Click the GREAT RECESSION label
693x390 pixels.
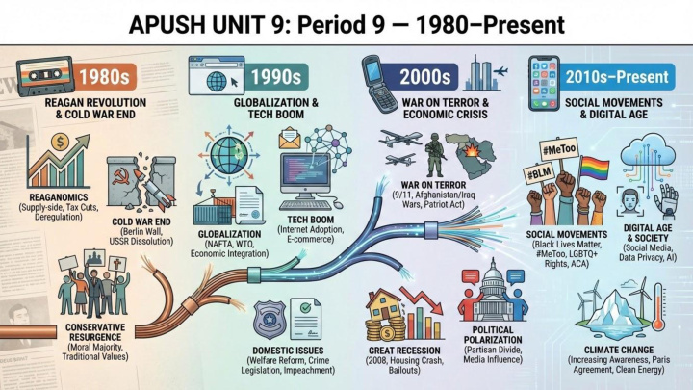click(406, 351)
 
